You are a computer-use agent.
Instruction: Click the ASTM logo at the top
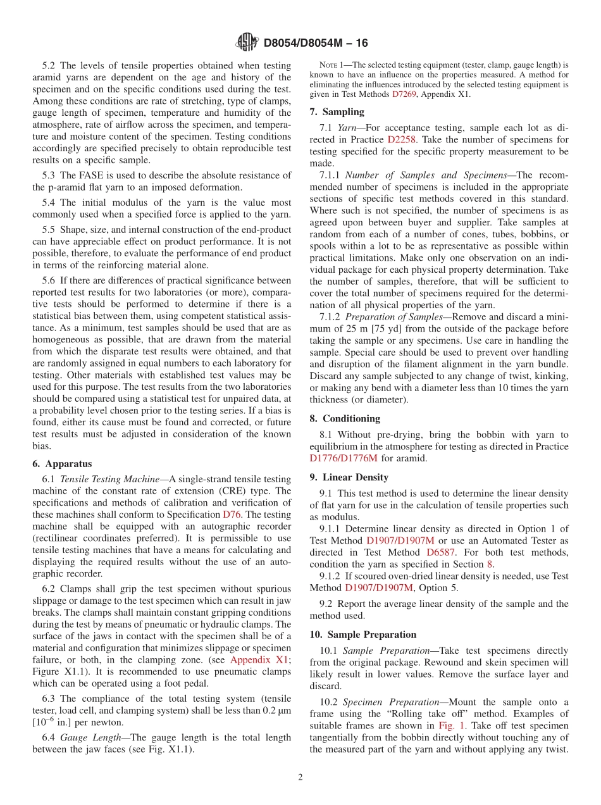pos(247,42)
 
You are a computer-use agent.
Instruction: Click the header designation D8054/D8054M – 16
pos(316,43)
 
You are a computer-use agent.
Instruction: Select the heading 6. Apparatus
pos(62,464)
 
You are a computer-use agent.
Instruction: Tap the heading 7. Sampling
pos(337,112)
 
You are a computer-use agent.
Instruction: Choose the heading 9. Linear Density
pos(349,477)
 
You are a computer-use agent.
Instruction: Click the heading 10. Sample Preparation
pos(362,634)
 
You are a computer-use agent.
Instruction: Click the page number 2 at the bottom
pos(300,777)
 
